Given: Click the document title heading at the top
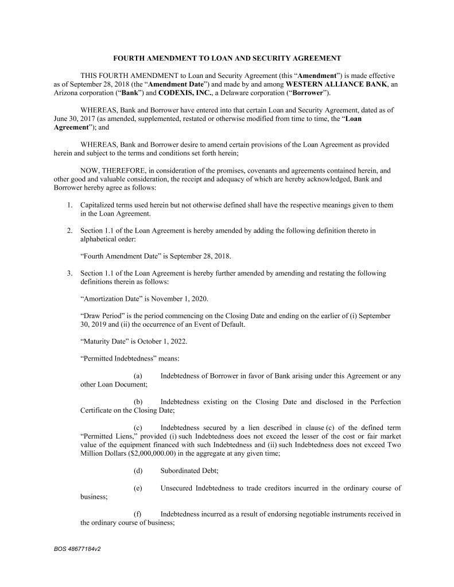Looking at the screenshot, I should (x=227, y=58).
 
